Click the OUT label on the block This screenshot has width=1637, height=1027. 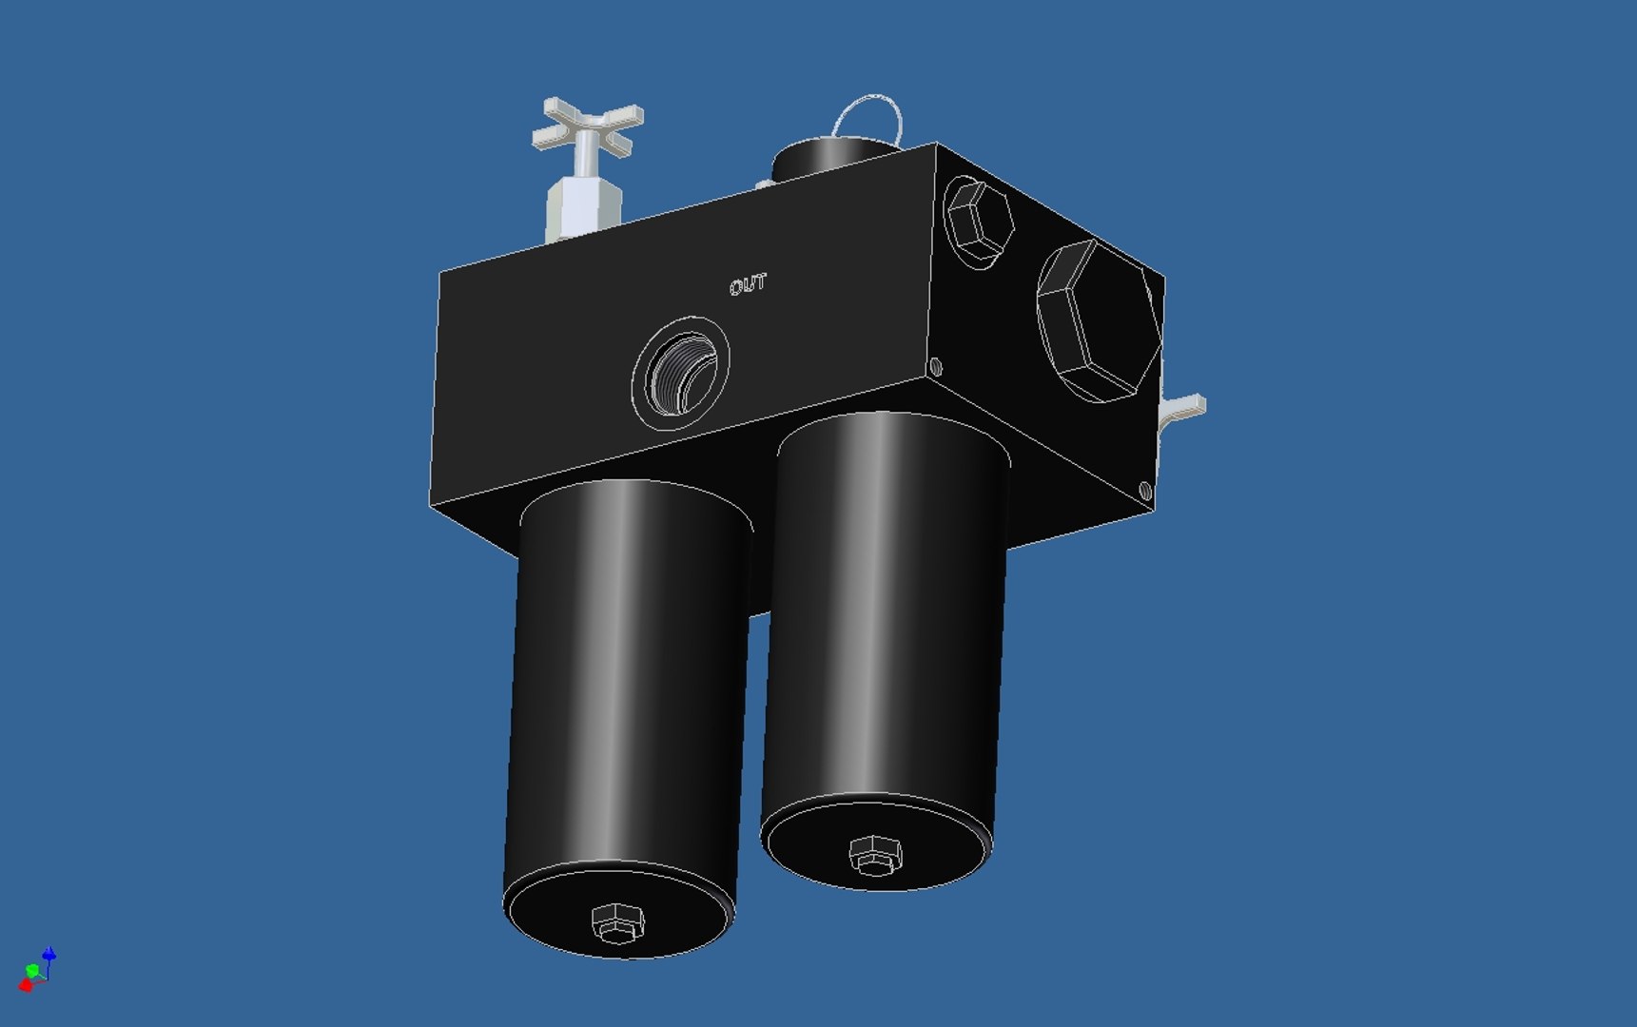(x=749, y=284)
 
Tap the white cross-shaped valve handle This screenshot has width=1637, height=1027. (x=588, y=125)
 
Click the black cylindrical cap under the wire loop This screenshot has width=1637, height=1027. (x=828, y=158)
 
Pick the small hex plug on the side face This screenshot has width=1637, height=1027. (x=979, y=220)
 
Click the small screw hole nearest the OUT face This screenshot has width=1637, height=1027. (x=936, y=366)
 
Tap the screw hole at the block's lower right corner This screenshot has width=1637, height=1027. (x=1145, y=491)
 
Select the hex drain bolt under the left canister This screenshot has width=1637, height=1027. (x=617, y=922)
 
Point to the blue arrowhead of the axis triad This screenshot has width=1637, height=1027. (x=49, y=954)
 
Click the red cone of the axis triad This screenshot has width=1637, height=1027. (x=26, y=985)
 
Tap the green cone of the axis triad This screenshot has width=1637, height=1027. (x=33, y=971)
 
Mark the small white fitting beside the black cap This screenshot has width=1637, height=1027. (x=763, y=184)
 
